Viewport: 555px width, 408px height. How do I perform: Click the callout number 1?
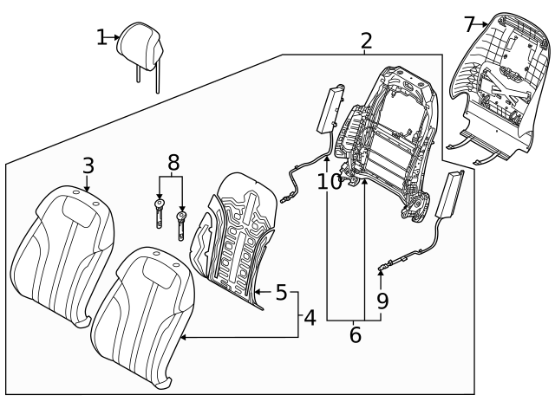(x=101, y=36)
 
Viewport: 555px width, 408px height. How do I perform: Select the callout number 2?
(x=366, y=40)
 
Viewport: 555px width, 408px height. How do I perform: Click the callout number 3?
(x=88, y=165)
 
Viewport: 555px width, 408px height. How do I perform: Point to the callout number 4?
(x=310, y=319)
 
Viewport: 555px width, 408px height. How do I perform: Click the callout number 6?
(x=355, y=334)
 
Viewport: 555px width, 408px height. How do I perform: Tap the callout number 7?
(x=469, y=23)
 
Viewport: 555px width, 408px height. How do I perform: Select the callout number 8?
(x=173, y=162)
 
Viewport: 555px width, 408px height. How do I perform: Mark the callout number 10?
(x=330, y=181)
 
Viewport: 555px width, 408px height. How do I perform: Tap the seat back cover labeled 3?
(x=65, y=251)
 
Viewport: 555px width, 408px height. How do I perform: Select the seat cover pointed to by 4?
(x=143, y=312)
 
